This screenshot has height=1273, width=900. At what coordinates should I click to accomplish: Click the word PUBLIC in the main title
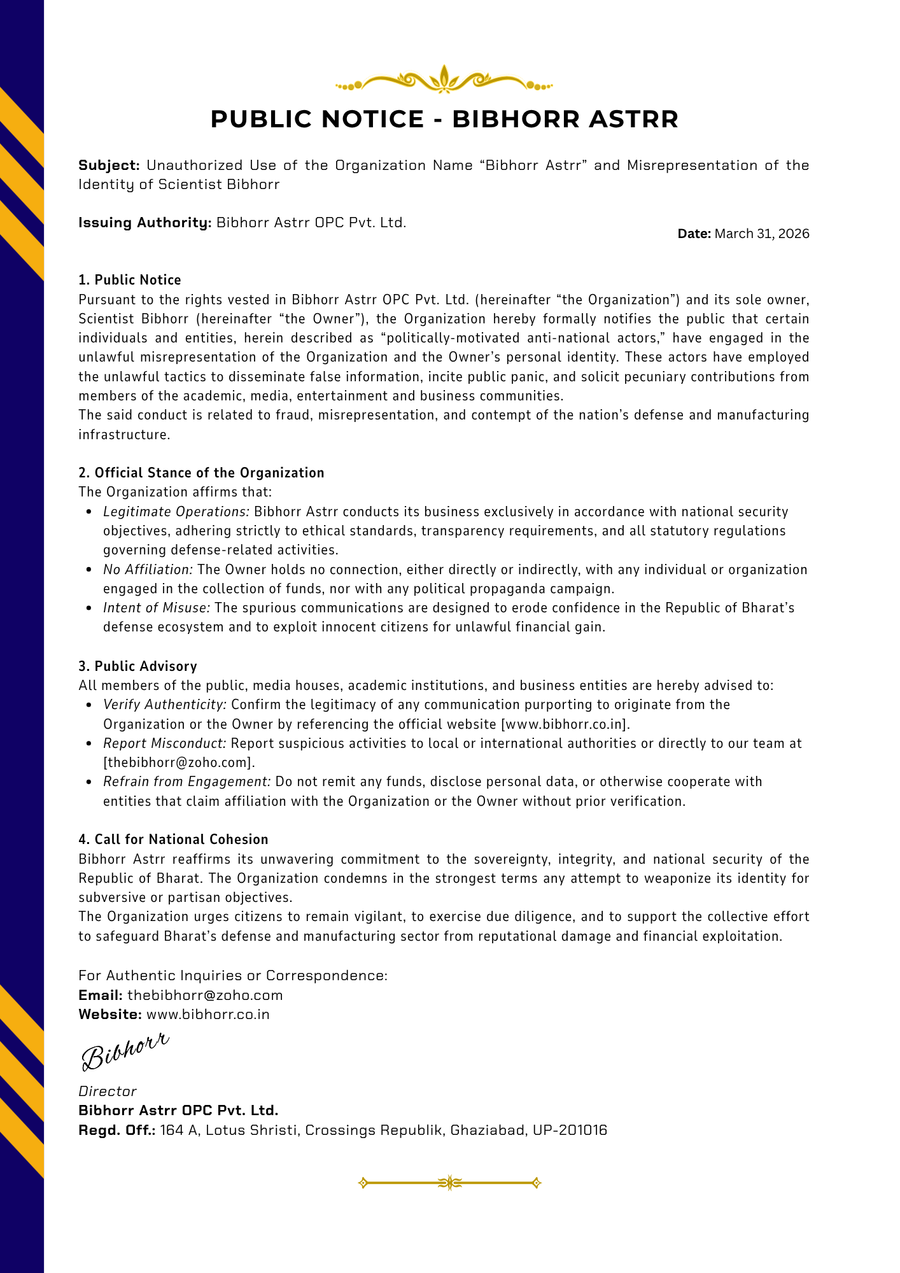click(262, 119)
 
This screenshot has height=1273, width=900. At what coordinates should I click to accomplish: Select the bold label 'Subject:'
click(109, 165)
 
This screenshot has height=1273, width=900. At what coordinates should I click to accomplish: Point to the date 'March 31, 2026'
click(762, 234)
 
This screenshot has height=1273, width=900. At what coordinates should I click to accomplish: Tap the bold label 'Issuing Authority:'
click(144, 223)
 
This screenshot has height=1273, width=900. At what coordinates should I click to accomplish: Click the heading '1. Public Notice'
click(130, 280)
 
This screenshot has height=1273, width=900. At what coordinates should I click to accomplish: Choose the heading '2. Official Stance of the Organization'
click(201, 472)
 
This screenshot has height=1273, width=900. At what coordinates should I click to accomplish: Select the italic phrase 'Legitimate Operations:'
click(176, 512)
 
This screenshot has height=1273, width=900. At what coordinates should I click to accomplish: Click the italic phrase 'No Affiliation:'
click(148, 570)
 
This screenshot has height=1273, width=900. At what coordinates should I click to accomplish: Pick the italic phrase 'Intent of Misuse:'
click(156, 608)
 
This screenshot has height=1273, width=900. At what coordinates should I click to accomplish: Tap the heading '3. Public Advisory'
click(137, 666)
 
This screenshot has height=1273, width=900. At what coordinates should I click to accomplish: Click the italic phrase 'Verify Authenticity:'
click(165, 705)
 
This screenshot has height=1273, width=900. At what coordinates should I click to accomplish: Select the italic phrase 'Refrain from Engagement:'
click(187, 782)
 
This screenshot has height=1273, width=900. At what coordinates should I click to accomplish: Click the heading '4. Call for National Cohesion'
click(173, 840)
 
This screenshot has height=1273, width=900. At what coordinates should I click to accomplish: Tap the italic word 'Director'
click(107, 1091)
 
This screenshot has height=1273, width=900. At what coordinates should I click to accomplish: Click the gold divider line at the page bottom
click(449, 1183)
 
